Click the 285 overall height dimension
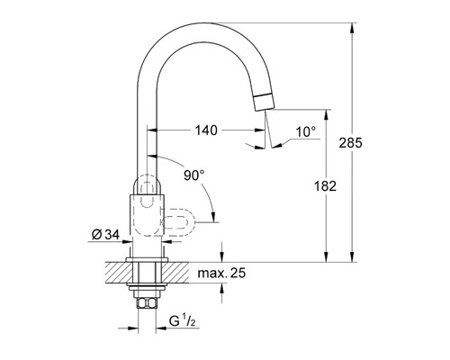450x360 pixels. pyautogui.click(x=350, y=143)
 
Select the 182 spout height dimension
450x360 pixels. pyautogui.click(x=325, y=186)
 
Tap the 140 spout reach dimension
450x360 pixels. pyautogui.click(x=206, y=130)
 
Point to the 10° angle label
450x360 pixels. pyautogui.click(x=306, y=132)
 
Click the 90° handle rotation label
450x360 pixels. pyautogui.click(x=194, y=175)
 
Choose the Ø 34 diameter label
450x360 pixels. pyautogui.click(x=105, y=235)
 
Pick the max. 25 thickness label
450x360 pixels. pyautogui.click(x=221, y=273)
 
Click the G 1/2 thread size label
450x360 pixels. pyautogui.click(x=183, y=321)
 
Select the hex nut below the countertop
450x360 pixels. pyautogui.click(x=147, y=302)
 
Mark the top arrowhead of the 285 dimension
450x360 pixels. pyautogui.click(x=353, y=28)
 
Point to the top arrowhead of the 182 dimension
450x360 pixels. pyautogui.click(x=327, y=115)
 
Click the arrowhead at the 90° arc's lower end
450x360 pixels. pyautogui.click(x=213, y=217)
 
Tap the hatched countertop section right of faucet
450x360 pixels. pyautogui.click(x=175, y=273)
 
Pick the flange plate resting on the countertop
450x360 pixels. pyautogui.click(x=147, y=260)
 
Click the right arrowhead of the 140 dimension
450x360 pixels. pyautogui.click(x=260, y=130)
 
